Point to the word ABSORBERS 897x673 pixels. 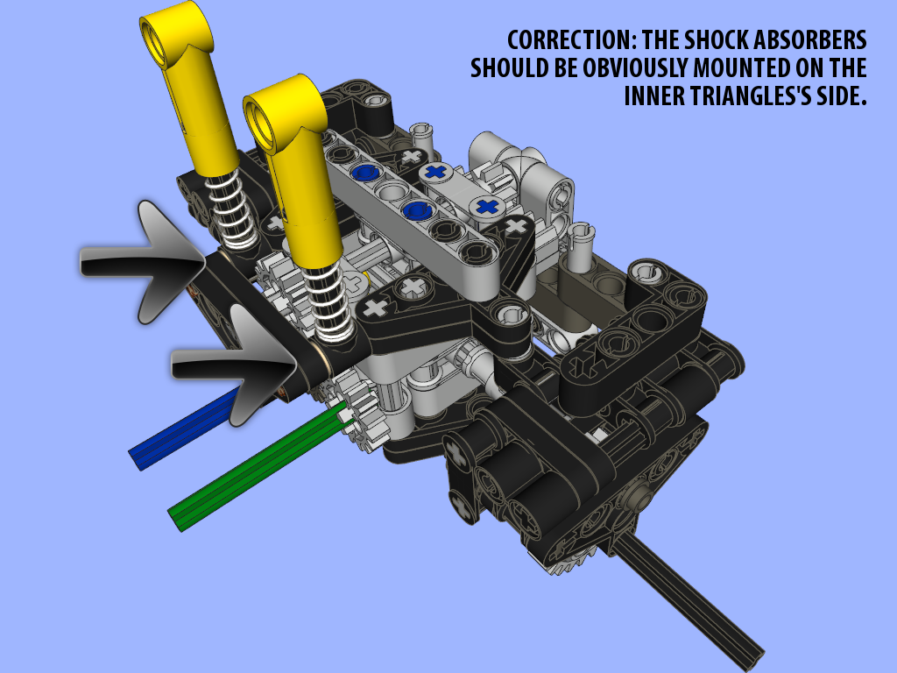809,40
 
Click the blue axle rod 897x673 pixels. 184,427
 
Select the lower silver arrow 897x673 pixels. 235,365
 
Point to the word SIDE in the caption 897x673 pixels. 842,96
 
